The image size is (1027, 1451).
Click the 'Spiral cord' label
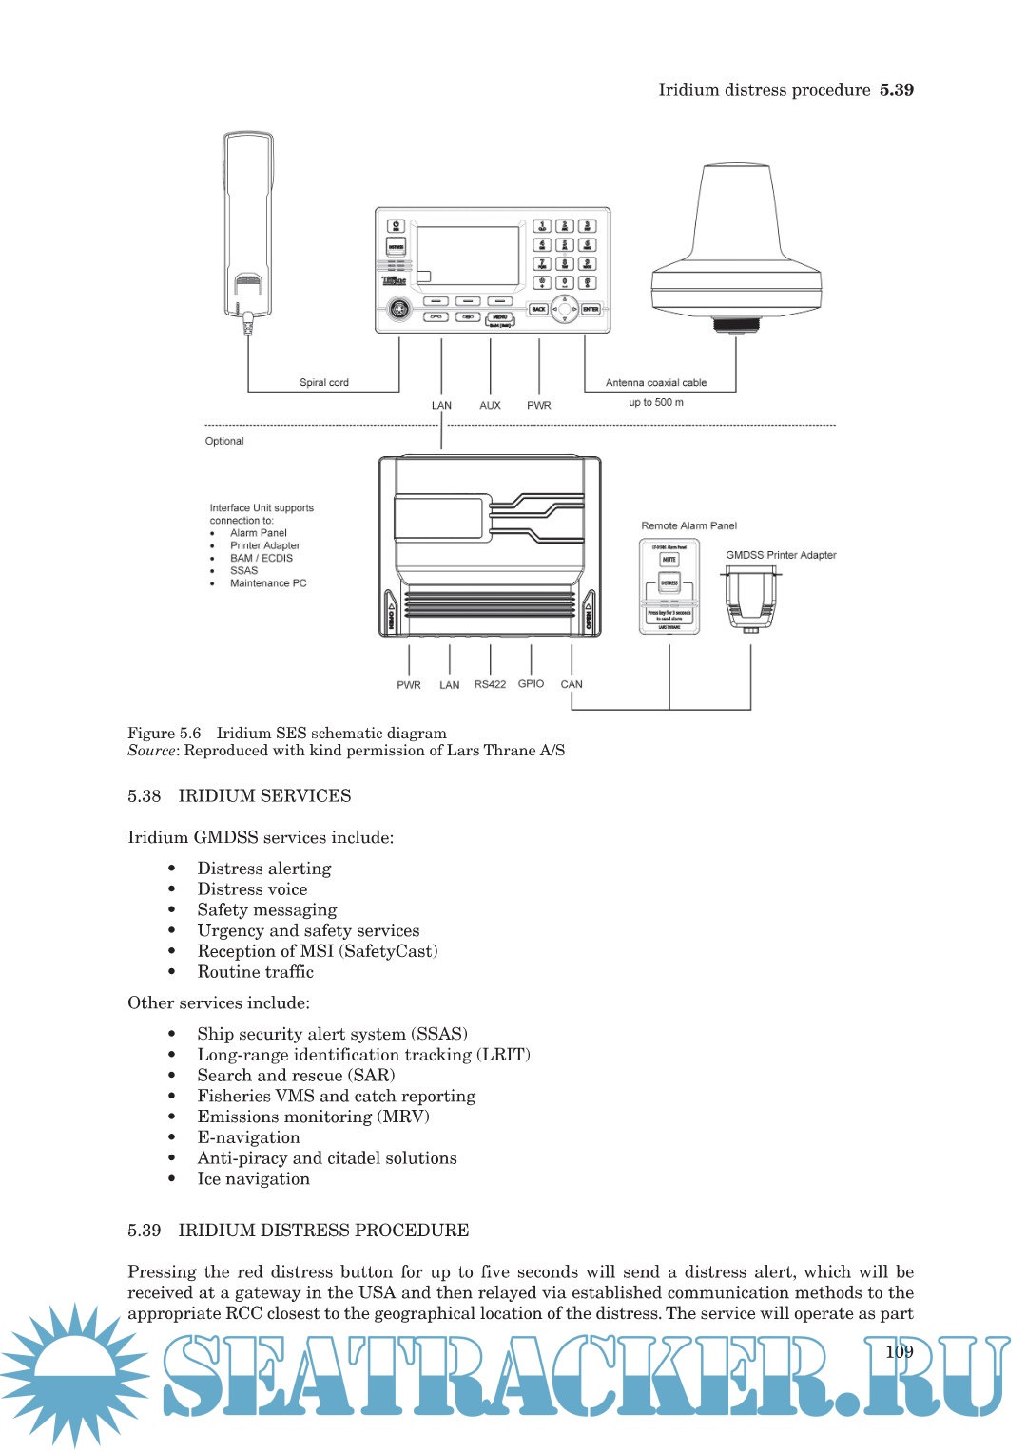(x=324, y=382)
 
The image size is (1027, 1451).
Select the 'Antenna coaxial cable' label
(x=656, y=382)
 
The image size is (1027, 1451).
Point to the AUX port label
(x=490, y=405)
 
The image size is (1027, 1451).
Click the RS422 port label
(x=490, y=684)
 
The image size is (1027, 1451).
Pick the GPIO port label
(x=531, y=683)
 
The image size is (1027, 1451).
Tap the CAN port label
(x=572, y=684)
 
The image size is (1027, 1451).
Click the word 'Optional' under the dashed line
(x=224, y=441)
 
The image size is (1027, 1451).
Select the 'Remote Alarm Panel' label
(x=688, y=525)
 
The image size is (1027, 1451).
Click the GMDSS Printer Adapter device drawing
(x=750, y=599)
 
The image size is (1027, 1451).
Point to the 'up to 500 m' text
(x=656, y=402)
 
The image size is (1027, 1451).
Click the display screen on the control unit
(x=468, y=255)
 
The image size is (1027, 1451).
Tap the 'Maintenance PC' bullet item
(x=268, y=583)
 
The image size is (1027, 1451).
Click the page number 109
(x=899, y=1351)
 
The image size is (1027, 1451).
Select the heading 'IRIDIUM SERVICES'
(x=264, y=795)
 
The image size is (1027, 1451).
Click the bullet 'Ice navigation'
(x=253, y=1178)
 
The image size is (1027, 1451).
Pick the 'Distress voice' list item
(x=252, y=888)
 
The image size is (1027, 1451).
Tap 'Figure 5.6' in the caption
(x=165, y=733)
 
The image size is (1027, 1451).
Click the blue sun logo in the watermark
(x=74, y=1375)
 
